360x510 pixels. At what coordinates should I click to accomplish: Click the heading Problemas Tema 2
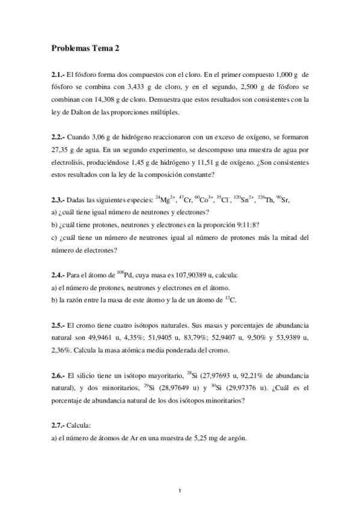point(89,48)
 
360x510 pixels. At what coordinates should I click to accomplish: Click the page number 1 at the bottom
point(180,492)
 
